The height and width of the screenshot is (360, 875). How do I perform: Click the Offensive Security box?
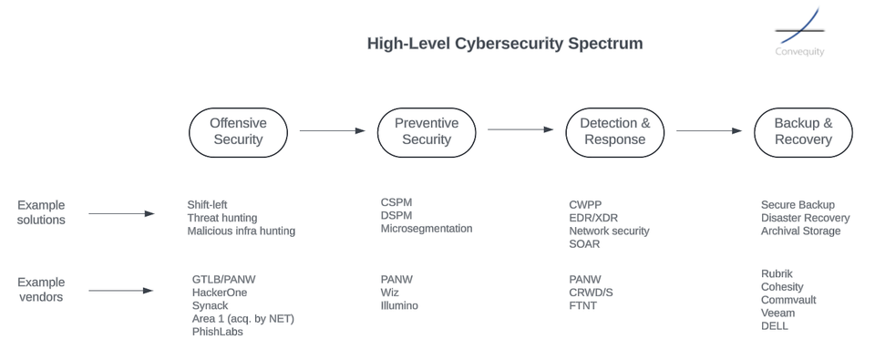coord(238,131)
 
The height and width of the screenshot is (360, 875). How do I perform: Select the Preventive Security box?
coord(427,131)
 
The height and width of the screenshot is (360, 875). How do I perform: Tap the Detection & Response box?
coord(614,131)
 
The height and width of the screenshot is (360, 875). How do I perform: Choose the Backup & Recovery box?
coord(803,131)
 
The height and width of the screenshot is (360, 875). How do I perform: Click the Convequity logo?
coord(799,33)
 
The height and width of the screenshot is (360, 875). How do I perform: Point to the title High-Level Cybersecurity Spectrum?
coord(504,44)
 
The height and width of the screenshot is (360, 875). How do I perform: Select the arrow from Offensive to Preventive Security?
coord(332,130)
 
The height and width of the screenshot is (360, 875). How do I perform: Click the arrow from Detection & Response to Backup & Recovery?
coord(708,130)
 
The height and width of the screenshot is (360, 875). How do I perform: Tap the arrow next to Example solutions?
coord(121,213)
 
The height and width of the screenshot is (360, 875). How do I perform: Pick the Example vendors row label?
coord(41,290)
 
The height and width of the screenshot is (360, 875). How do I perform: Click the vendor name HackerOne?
coord(220,293)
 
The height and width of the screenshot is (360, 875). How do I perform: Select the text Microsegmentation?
coord(427,229)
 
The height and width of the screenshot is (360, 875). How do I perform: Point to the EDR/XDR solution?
coord(594,218)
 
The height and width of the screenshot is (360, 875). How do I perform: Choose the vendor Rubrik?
coord(778,273)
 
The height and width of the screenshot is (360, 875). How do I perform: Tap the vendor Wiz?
coord(390,293)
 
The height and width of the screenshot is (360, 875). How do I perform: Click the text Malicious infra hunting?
coord(241,231)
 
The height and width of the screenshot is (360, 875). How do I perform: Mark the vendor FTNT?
coord(583,305)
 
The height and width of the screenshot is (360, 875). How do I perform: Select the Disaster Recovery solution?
coord(805,218)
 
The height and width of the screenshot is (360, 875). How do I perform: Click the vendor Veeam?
coord(777,313)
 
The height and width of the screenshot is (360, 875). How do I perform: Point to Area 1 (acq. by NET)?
coord(242,318)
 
